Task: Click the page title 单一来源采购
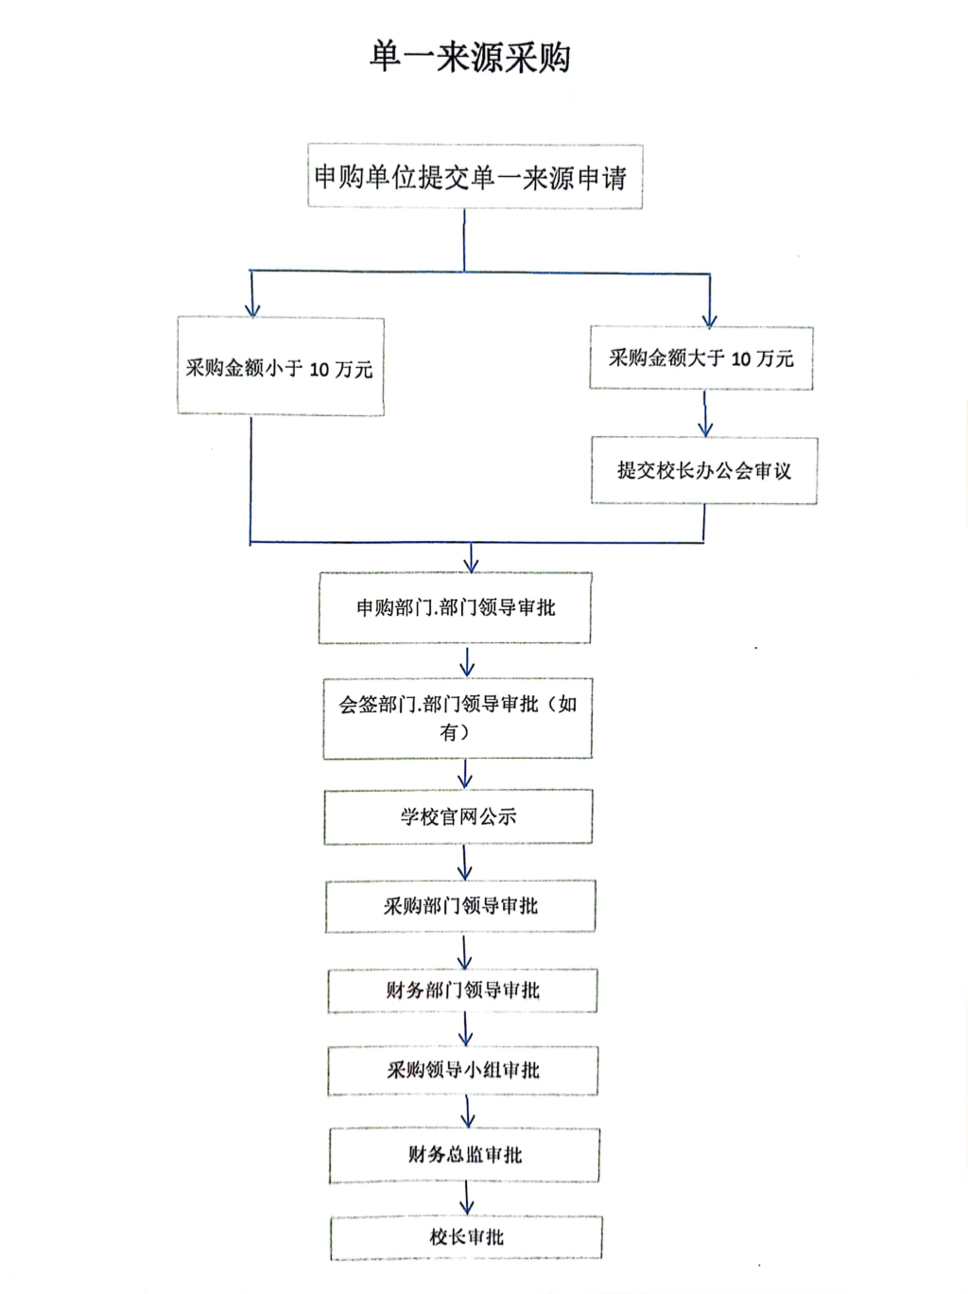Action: point(470,58)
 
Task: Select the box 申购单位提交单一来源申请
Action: point(475,176)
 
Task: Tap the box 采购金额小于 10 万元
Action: point(281,366)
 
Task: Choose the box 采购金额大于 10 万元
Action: point(701,358)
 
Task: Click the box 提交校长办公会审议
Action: point(704,470)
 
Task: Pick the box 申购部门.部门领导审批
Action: point(455,607)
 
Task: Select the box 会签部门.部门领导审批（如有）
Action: point(458,718)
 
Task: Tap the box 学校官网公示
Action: point(458,816)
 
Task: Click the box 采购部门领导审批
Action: point(460,906)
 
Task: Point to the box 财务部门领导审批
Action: point(462,990)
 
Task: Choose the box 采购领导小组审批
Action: point(463,1071)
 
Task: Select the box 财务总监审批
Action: point(464,1156)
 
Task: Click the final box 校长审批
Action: point(466,1237)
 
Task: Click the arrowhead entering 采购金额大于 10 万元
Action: point(710,322)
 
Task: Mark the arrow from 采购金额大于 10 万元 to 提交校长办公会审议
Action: point(704,413)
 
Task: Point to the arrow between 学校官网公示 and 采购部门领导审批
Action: point(464,863)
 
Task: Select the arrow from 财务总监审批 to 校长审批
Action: point(467,1199)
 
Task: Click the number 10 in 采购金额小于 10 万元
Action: point(319,370)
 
